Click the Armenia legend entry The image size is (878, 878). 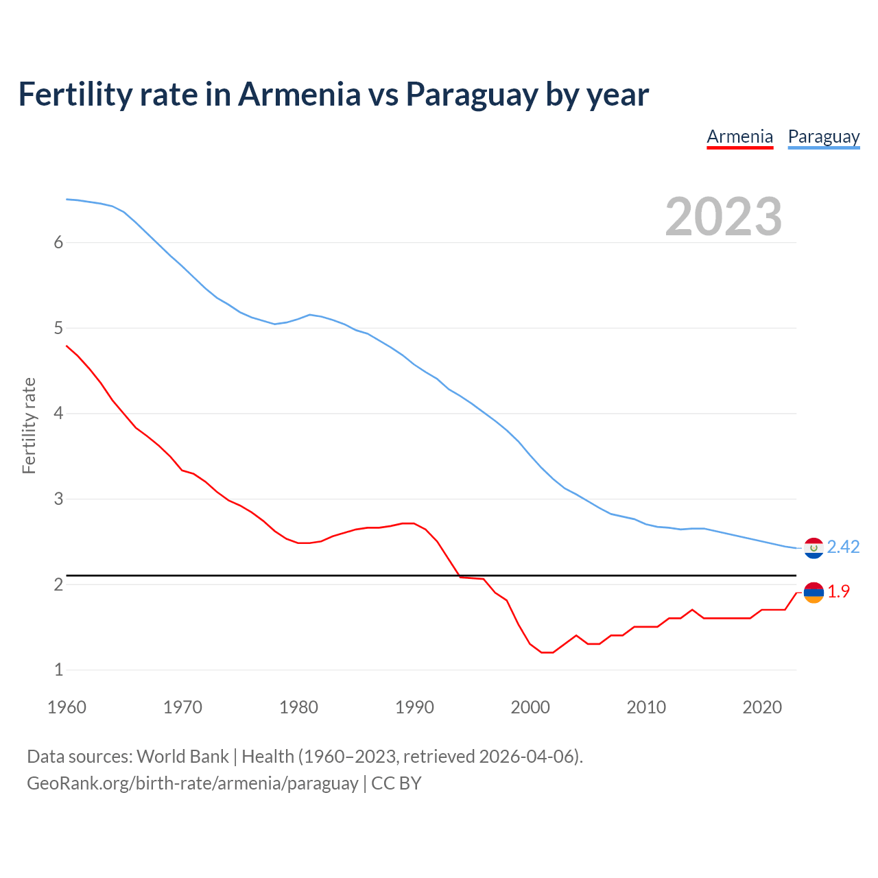[739, 137]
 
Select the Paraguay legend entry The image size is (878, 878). [823, 137]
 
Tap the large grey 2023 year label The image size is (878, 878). [723, 217]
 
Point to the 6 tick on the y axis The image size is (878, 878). [58, 242]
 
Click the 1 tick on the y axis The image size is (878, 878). [58, 669]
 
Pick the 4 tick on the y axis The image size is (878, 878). [58, 413]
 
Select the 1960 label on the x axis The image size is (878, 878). [67, 707]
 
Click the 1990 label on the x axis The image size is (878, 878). [414, 707]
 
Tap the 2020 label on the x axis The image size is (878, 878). [762, 707]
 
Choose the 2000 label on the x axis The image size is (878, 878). [530, 707]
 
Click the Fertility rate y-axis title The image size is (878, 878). [29, 425]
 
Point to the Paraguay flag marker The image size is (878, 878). [814, 548]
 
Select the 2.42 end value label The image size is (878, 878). [843, 547]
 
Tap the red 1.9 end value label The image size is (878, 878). [838, 591]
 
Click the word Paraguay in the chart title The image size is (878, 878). [471, 95]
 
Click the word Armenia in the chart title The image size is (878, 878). [298, 95]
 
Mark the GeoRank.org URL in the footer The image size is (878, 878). [192, 783]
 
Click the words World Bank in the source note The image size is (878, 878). [182, 757]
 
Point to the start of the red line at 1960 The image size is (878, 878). [67, 346]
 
